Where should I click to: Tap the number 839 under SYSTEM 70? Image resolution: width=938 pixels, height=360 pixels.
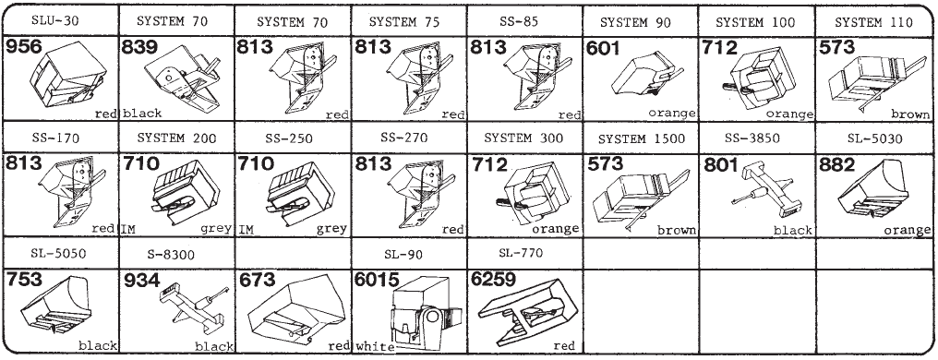(x=140, y=47)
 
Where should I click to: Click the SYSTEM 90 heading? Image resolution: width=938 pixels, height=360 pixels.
(x=635, y=23)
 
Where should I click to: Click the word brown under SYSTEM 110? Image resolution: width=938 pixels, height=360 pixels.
(x=910, y=114)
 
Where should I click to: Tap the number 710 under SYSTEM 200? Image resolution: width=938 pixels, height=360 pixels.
(x=140, y=164)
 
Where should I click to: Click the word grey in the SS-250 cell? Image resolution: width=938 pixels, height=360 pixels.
(x=332, y=229)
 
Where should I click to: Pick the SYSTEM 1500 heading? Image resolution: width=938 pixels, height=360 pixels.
(x=640, y=138)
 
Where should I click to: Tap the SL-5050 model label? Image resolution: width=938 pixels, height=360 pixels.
(x=59, y=254)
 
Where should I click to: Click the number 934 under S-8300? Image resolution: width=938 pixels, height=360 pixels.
(x=140, y=280)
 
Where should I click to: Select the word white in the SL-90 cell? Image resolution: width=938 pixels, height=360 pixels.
(x=375, y=346)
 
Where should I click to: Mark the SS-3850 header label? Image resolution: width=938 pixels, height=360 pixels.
(x=752, y=138)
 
